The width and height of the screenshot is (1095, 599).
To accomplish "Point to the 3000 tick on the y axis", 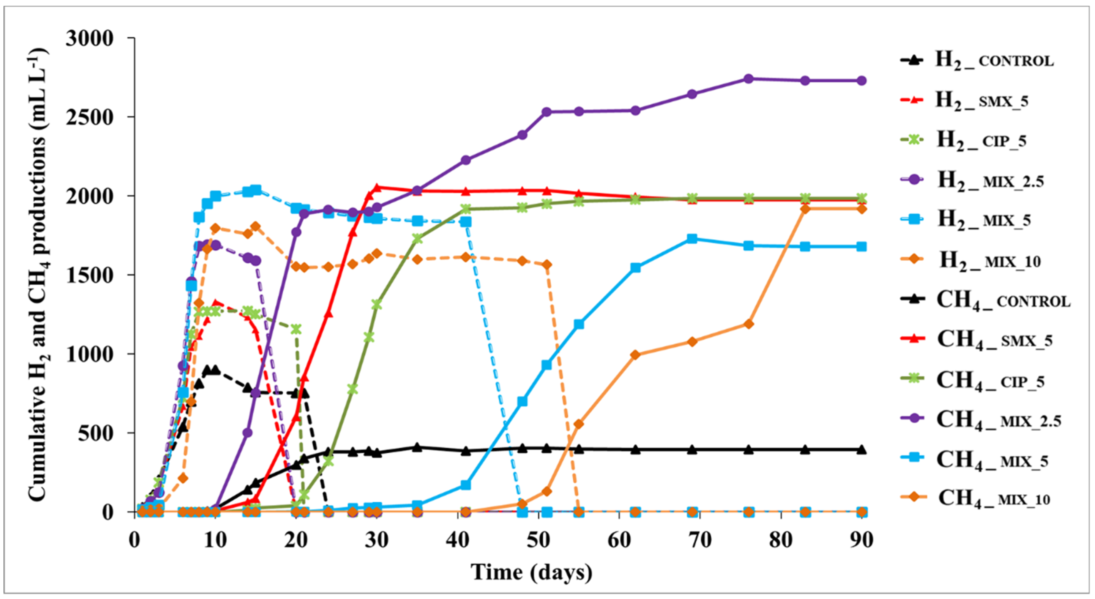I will point(90,38).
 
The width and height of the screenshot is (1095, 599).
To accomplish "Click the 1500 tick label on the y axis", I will point(90,275).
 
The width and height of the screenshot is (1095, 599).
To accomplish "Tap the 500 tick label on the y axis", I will point(96,433).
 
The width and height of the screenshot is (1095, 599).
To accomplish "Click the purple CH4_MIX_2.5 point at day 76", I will point(749,79).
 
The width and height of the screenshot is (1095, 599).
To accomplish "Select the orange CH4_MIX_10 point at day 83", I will point(805,209).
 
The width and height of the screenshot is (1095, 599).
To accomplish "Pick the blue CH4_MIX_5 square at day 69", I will point(692,238).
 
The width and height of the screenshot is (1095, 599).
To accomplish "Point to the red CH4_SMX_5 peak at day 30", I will point(377,187).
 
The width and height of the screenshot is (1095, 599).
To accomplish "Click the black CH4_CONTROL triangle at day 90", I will point(861,449).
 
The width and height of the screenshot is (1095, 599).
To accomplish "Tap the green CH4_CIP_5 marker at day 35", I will point(417,239).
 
